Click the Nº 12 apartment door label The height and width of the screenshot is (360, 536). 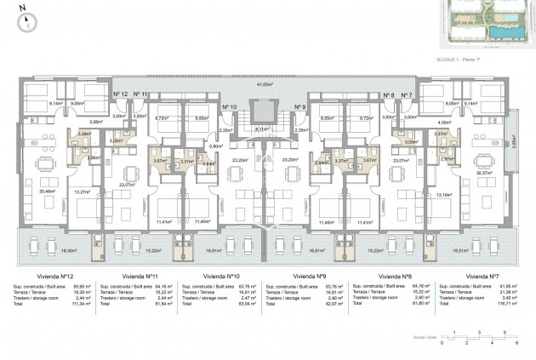(120, 94)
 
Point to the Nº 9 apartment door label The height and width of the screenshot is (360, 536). (299, 107)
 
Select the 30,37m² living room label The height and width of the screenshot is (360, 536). (486, 173)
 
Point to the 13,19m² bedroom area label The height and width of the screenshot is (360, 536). (445, 195)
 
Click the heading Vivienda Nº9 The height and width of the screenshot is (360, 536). (310, 277)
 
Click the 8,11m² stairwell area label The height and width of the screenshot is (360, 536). (265, 129)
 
